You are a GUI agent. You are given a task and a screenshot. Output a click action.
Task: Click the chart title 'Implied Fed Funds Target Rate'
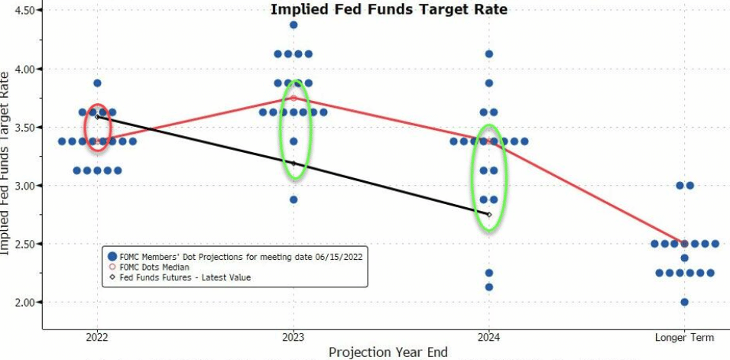[x=389, y=9]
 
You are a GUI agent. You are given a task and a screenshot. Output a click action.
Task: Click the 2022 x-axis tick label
[x=97, y=337]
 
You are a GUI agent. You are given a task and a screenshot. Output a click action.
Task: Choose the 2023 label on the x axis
[x=293, y=337]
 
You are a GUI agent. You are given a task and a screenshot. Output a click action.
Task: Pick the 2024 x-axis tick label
[x=489, y=337]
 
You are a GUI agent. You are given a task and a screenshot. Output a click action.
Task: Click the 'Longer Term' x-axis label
[x=685, y=337]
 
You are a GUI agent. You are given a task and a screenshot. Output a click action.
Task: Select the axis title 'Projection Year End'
[x=388, y=352]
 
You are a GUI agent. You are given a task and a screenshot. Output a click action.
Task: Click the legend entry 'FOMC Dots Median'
[x=156, y=267]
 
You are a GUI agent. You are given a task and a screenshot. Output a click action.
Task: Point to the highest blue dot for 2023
[x=294, y=25]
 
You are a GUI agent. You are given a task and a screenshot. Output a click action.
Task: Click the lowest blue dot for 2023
[x=294, y=199]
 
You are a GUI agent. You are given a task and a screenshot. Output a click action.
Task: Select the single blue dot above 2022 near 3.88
[x=97, y=83]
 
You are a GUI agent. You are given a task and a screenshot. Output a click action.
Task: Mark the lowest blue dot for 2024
[x=489, y=287]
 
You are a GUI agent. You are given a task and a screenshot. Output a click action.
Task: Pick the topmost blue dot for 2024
[x=489, y=54]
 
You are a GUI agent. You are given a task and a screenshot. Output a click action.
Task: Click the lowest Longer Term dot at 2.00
[x=685, y=302]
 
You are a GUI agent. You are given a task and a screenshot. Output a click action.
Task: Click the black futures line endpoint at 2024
[x=489, y=215]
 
